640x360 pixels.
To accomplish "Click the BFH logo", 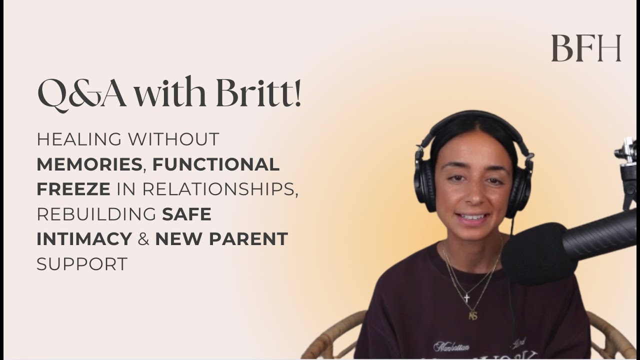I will [586, 48].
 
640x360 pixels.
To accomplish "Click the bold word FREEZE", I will [73, 189].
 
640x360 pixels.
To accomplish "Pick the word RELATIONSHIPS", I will [220, 189].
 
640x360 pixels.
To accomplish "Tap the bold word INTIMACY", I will [84, 239].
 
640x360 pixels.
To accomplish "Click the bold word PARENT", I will [249, 239].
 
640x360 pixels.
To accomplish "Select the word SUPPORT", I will [82, 264].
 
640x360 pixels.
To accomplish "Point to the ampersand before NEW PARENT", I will [143, 239].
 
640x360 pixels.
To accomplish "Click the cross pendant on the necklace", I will [466, 298].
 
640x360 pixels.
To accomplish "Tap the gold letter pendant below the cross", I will [472, 315].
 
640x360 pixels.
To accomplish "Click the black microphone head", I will [535, 253].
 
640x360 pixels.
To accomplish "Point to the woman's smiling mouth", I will [472, 218].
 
